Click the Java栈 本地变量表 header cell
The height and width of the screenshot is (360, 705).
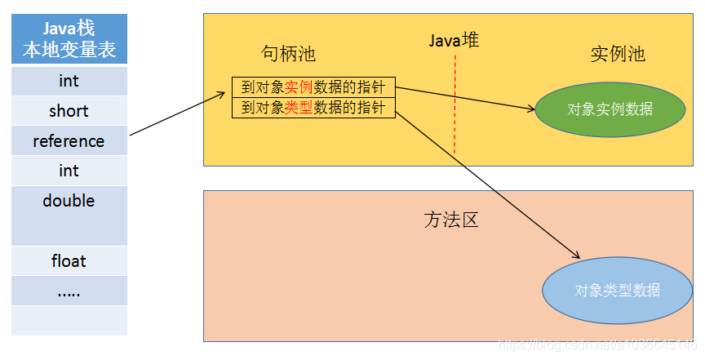tap(69, 40)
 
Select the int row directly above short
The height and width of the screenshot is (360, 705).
tap(69, 81)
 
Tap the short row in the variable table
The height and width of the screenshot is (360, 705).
tap(69, 111)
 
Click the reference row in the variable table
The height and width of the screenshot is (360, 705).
tap(69, 141)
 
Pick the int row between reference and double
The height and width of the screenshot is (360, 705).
tap(69, 171)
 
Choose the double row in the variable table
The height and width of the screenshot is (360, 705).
tap(69, 201)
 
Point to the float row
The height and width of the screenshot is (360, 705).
tap(69, 261)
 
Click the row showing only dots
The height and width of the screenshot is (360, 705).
tap(69, 291)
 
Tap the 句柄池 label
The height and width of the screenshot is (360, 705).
tap(288, 55)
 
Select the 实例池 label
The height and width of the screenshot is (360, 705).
tap(618, 55)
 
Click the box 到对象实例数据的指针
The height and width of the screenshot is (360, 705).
tap(313, 87)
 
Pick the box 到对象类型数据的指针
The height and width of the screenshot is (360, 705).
tap(313, 108)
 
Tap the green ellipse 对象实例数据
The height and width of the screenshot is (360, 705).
tap(610, 109)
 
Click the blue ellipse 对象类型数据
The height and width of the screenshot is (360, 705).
tap(617, 290)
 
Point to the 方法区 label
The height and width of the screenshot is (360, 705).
tap(450, 220)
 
